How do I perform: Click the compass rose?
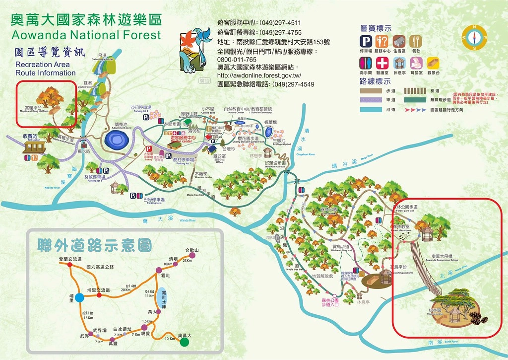coord(474,37)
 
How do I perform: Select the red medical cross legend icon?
coord(382,64)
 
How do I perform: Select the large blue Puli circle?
coord(79,297)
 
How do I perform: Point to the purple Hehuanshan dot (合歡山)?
coord(191,256)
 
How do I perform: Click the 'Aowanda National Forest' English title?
coord(86,35)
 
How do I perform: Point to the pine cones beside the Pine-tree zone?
coord(478,318)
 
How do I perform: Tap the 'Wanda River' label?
coord(188,220)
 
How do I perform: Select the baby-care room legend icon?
coord(416,64)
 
